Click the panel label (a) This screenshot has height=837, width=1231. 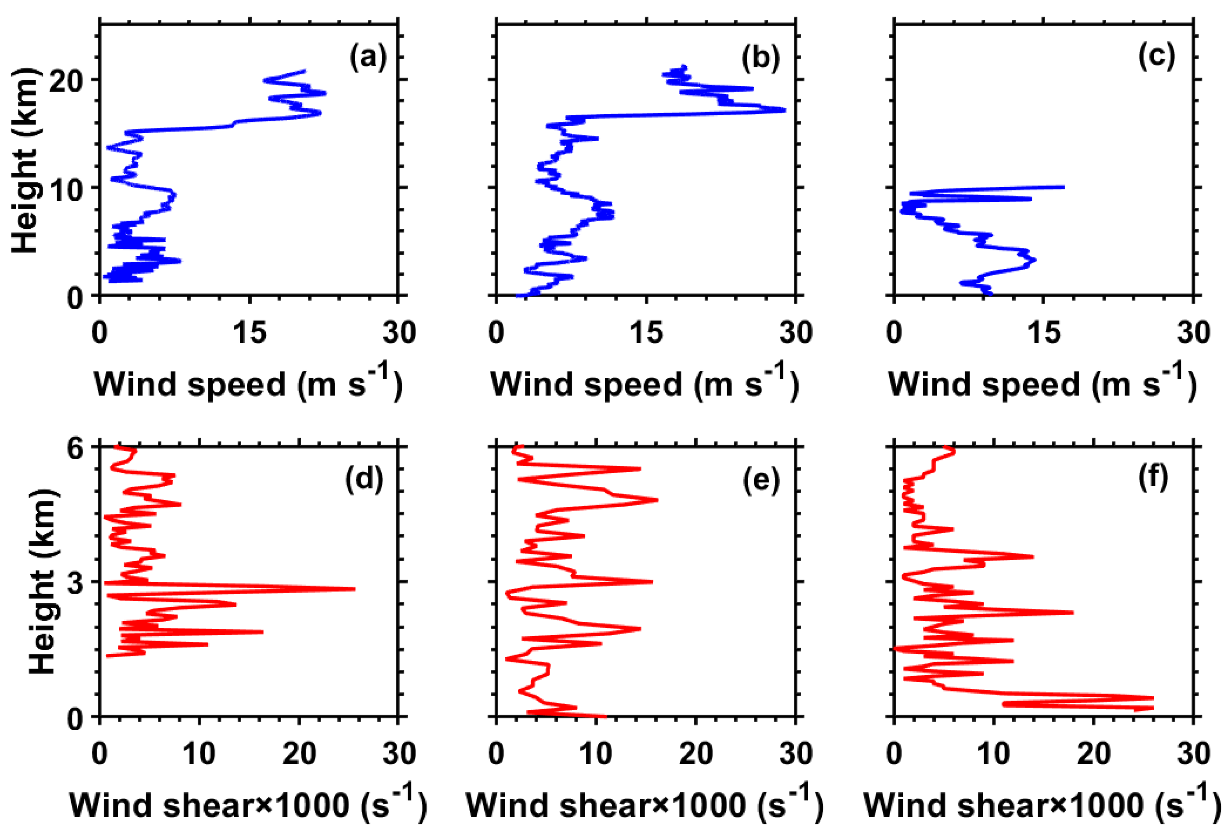368,57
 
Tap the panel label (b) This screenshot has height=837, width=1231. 760,57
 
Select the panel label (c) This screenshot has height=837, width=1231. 1156,57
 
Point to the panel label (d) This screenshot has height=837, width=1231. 364,480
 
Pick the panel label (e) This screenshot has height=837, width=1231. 761,480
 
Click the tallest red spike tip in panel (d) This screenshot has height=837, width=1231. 354,589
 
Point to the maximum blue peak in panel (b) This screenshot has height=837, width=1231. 785,110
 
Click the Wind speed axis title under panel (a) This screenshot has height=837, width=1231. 248,382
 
